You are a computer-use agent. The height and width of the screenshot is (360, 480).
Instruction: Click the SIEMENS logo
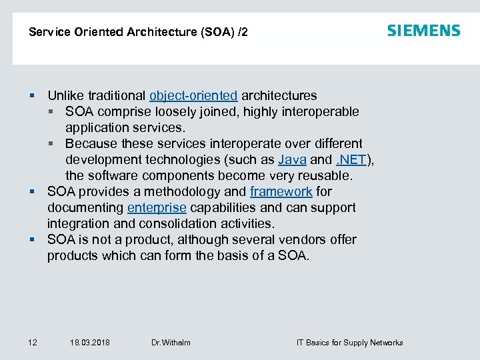click(423, 31)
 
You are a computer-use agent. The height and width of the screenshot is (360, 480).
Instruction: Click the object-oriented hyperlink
click(193, 95)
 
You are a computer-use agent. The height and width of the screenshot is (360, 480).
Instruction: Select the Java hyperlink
click(292, 159)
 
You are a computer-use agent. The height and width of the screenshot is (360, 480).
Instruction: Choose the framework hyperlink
click(281, 191)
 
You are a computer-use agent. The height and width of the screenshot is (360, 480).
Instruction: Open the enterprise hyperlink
click(157, 207)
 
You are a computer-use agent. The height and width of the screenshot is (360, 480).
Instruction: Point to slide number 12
click(33, 343)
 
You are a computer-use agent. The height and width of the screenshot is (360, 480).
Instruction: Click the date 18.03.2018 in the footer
click(90, 343)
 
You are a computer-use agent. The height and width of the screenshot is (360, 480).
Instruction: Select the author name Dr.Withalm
click(171, 343)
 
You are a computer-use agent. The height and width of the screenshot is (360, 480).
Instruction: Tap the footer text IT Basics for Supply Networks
click(349, 343)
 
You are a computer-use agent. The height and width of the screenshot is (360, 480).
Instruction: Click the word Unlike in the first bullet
click(65, 95)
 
